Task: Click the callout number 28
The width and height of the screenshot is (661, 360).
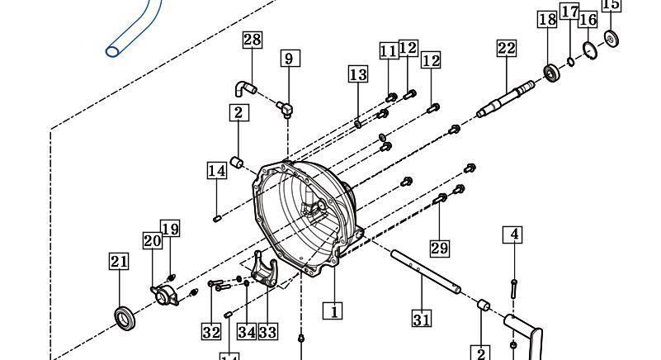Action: pyautogui.click(x=252, y=40)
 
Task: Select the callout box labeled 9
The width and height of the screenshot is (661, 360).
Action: pyautogui.click(x=290, y=59)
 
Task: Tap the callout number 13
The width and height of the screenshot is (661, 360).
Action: pyautogui.click(x=358, y=74)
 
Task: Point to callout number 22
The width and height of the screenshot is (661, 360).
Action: pyautogui.click(x=507, y=48)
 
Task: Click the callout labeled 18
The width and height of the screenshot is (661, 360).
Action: pyautogui.click(x=547, y=20)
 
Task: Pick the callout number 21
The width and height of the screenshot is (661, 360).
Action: pyautogui.click(x=119, y=261)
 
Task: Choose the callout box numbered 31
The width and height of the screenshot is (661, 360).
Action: pyautogui.click(x=422, y=319)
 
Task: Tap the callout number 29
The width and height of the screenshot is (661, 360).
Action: pyautogui.click(x=439, y=248)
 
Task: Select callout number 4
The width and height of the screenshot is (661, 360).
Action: pyautogui.click(x=513, y=234)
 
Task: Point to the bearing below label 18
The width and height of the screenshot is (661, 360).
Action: pyautogui.click(x=551, y=73)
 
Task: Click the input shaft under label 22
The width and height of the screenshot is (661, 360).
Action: pyautogui.click(x=506, y=100)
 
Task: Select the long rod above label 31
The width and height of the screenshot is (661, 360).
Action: pyautogui.click(x=425, y=272)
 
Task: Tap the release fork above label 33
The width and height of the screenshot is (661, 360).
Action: pyautogui.click(x=265, y=269)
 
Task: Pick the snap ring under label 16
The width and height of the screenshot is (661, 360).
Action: pyautogui.click(x=590, y=50)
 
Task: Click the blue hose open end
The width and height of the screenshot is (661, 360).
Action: pyautogui.click(x=112, y=52)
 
